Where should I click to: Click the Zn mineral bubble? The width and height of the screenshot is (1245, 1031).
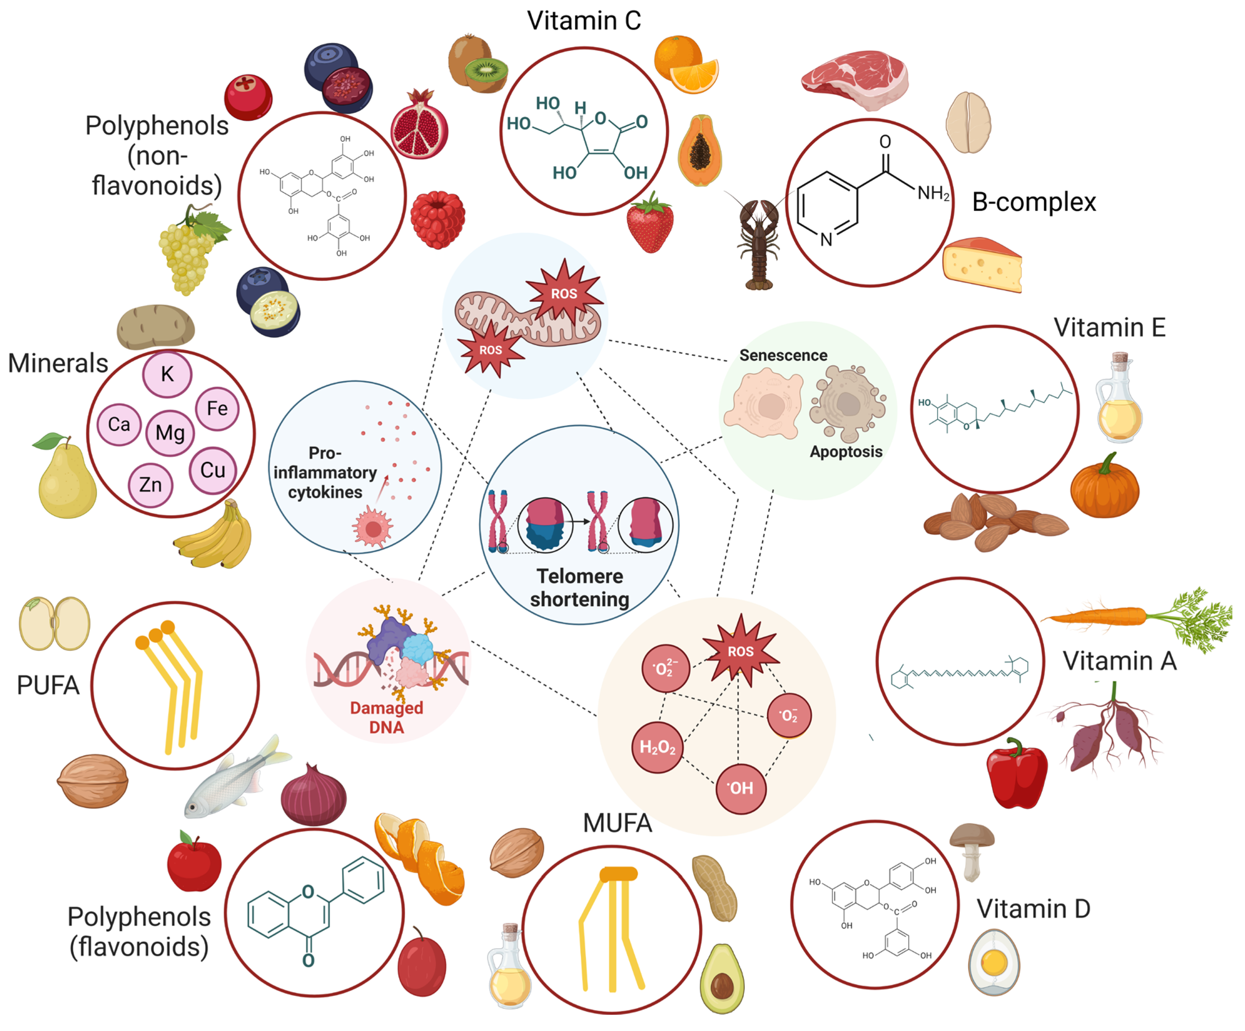coord(150,485)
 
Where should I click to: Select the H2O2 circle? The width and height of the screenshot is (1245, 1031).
coord(657,747)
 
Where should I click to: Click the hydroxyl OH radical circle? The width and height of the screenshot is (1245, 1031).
coord(741,788)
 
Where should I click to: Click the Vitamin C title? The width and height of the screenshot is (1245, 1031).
coord(584,21)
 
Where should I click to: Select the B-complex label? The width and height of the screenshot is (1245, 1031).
coord(1033,202)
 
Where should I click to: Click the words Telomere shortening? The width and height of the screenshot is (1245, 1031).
coord(579,588)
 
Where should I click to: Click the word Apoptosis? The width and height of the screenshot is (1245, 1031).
coord(846,452)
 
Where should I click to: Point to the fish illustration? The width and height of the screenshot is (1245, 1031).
coord(234,779)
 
